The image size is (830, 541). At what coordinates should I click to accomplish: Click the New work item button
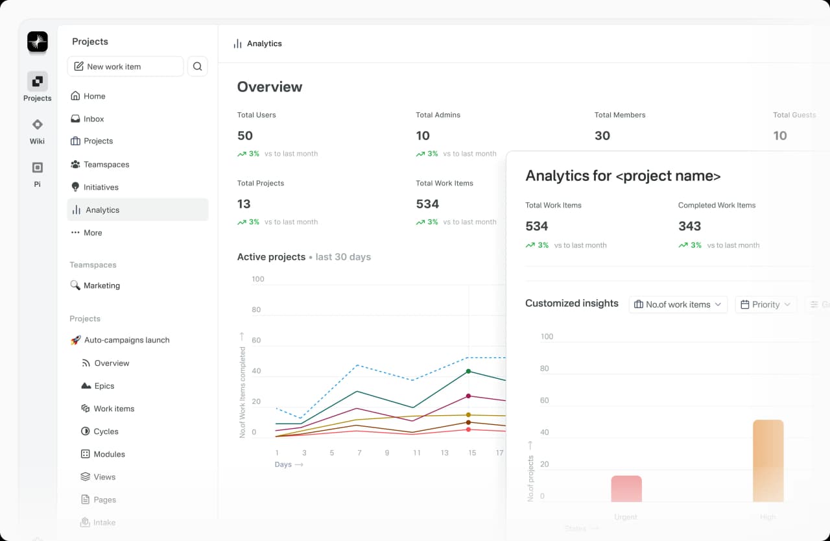point(125,66)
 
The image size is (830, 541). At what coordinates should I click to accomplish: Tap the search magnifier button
point(198,66)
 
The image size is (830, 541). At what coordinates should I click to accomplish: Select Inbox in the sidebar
point(93,119)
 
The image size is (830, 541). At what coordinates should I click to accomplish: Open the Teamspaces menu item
point(106,164)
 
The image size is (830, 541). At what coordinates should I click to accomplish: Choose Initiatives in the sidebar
point(101,187)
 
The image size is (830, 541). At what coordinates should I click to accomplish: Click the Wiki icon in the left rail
point(37,125)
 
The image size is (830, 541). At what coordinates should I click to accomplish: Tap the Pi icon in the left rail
point(37,168)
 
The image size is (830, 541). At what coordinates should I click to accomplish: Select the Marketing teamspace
point(101,285)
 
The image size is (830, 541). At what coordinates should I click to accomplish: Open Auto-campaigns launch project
point(126,340)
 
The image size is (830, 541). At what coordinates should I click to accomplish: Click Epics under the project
point(104,386)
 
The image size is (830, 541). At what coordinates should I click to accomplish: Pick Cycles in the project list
point(106,431)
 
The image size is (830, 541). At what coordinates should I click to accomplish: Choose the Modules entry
point(109,454)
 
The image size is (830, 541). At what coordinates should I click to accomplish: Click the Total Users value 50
point(245,136)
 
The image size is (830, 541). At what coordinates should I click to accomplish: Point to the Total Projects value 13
point(244,204)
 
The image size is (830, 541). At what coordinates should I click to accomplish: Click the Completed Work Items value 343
point(689,226)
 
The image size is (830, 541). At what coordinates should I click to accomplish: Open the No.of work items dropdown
point(678,304)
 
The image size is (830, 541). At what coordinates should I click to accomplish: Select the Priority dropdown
point(766,304)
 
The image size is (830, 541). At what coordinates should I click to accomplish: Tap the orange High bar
point(768,461)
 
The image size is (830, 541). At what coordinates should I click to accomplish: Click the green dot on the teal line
point(469,371)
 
